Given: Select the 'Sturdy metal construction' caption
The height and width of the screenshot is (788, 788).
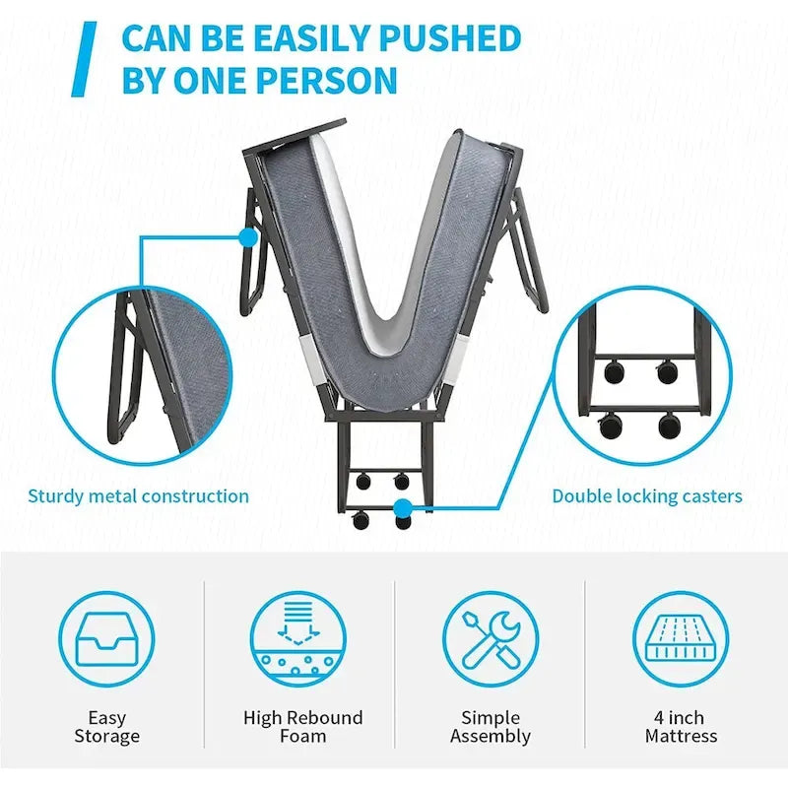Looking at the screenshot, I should pos(138,496).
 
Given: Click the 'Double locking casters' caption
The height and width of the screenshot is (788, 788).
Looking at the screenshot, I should pos(647,496).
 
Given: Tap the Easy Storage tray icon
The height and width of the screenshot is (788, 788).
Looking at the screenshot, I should pos(106,638).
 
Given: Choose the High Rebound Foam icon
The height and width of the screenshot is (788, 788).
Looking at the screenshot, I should pos(297,638).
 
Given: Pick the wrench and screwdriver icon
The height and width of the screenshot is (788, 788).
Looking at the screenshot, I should pos(490,638).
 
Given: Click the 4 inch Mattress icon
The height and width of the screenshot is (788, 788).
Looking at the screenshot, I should pos(681,638).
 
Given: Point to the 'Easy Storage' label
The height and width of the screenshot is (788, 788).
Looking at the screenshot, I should pos(106,727).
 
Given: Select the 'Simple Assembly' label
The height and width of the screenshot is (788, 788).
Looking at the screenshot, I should pos(491,727).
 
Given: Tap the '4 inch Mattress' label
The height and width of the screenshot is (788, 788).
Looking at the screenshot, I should pos(682,727).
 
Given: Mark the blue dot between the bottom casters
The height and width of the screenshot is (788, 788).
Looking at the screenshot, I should pos(402,508).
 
